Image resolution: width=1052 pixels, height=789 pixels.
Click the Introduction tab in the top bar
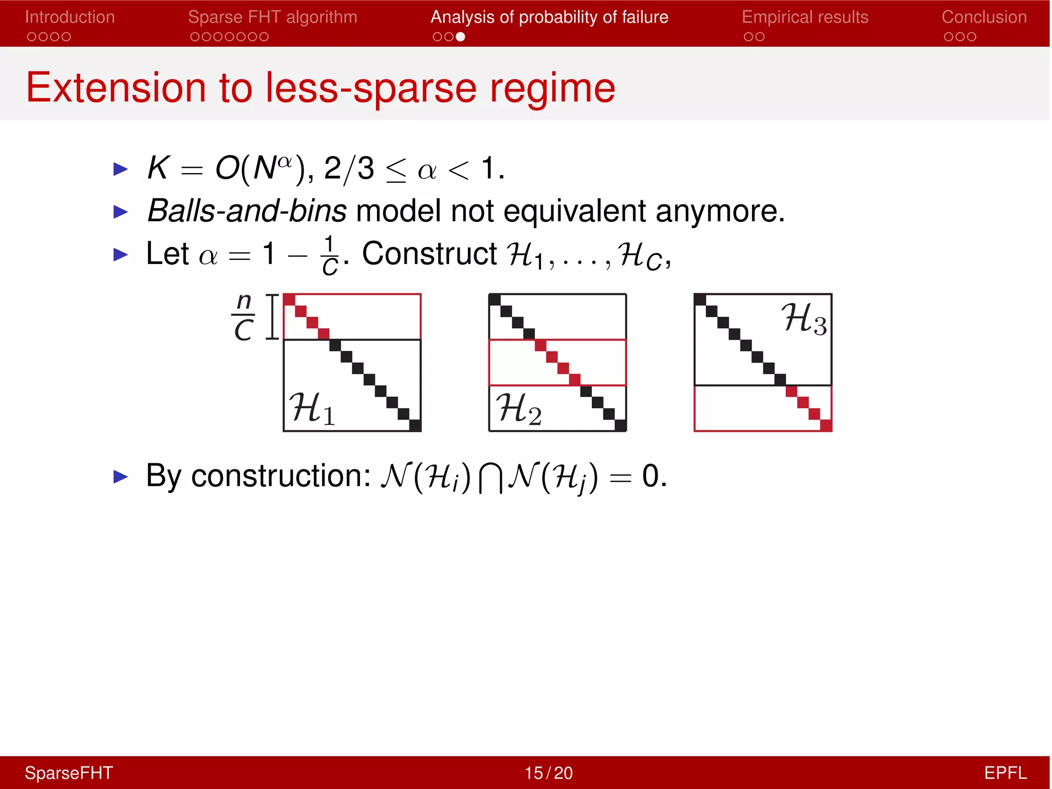point(70,17)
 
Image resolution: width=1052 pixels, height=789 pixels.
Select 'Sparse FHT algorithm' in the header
point(272,17)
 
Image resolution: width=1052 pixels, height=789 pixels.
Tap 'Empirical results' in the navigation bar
point(805,17)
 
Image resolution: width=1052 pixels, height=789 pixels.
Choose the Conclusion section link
point(984,17)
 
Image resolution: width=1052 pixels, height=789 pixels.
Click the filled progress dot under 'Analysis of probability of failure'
point(460,37)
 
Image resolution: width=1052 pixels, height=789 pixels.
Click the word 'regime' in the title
point(552,88)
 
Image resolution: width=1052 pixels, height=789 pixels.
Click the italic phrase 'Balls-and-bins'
point(247,211)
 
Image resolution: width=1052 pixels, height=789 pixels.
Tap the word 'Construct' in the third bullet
point(429,253)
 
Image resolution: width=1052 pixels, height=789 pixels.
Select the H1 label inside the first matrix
point(312,408)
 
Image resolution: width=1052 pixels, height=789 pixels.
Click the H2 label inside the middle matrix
point(518,408)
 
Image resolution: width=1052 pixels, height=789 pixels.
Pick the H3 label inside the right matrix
point(804,318)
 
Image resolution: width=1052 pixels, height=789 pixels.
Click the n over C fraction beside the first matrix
point(243,317)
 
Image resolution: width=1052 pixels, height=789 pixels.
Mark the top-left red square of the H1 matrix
point(289,300)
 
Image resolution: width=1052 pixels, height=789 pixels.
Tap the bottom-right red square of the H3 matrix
point(826,425)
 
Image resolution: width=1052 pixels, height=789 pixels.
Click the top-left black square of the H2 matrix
point(495,300)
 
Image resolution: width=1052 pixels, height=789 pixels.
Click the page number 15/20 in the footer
point(548,773)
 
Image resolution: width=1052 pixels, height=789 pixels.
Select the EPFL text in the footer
point(1005,773)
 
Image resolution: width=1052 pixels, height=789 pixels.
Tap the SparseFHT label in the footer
point(69,773)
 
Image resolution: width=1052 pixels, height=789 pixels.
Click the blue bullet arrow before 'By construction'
point(120,477)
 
